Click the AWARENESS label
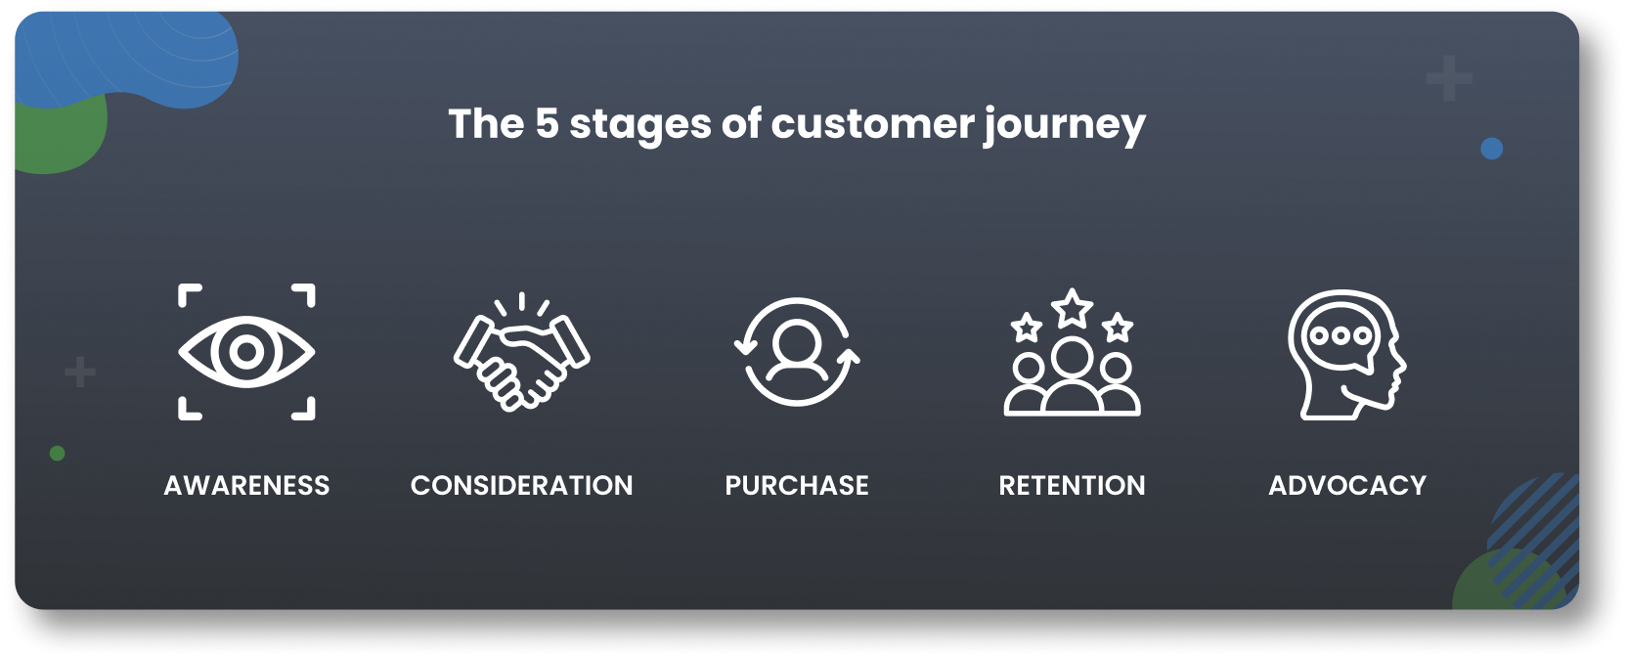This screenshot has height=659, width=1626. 246,485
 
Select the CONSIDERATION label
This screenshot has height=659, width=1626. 521,485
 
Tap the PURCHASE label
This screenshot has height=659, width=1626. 797,485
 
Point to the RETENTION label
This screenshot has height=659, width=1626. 1072,485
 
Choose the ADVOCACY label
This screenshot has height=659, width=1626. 1347,485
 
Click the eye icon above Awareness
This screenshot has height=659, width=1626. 246,352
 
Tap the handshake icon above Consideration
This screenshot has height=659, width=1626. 521,354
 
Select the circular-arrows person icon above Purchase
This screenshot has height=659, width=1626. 797,352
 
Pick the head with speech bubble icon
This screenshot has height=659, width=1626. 1346,354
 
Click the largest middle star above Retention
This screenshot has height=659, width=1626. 1073,309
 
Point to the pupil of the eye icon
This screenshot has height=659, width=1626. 246,352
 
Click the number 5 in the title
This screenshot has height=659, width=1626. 547,124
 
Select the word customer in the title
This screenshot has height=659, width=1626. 873,124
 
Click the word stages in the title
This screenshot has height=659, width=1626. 640,125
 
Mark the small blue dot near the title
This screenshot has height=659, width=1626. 1491,149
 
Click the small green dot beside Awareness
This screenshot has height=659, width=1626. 58,453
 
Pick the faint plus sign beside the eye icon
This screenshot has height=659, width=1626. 80,372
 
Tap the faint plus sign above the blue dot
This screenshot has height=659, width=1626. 1449,79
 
